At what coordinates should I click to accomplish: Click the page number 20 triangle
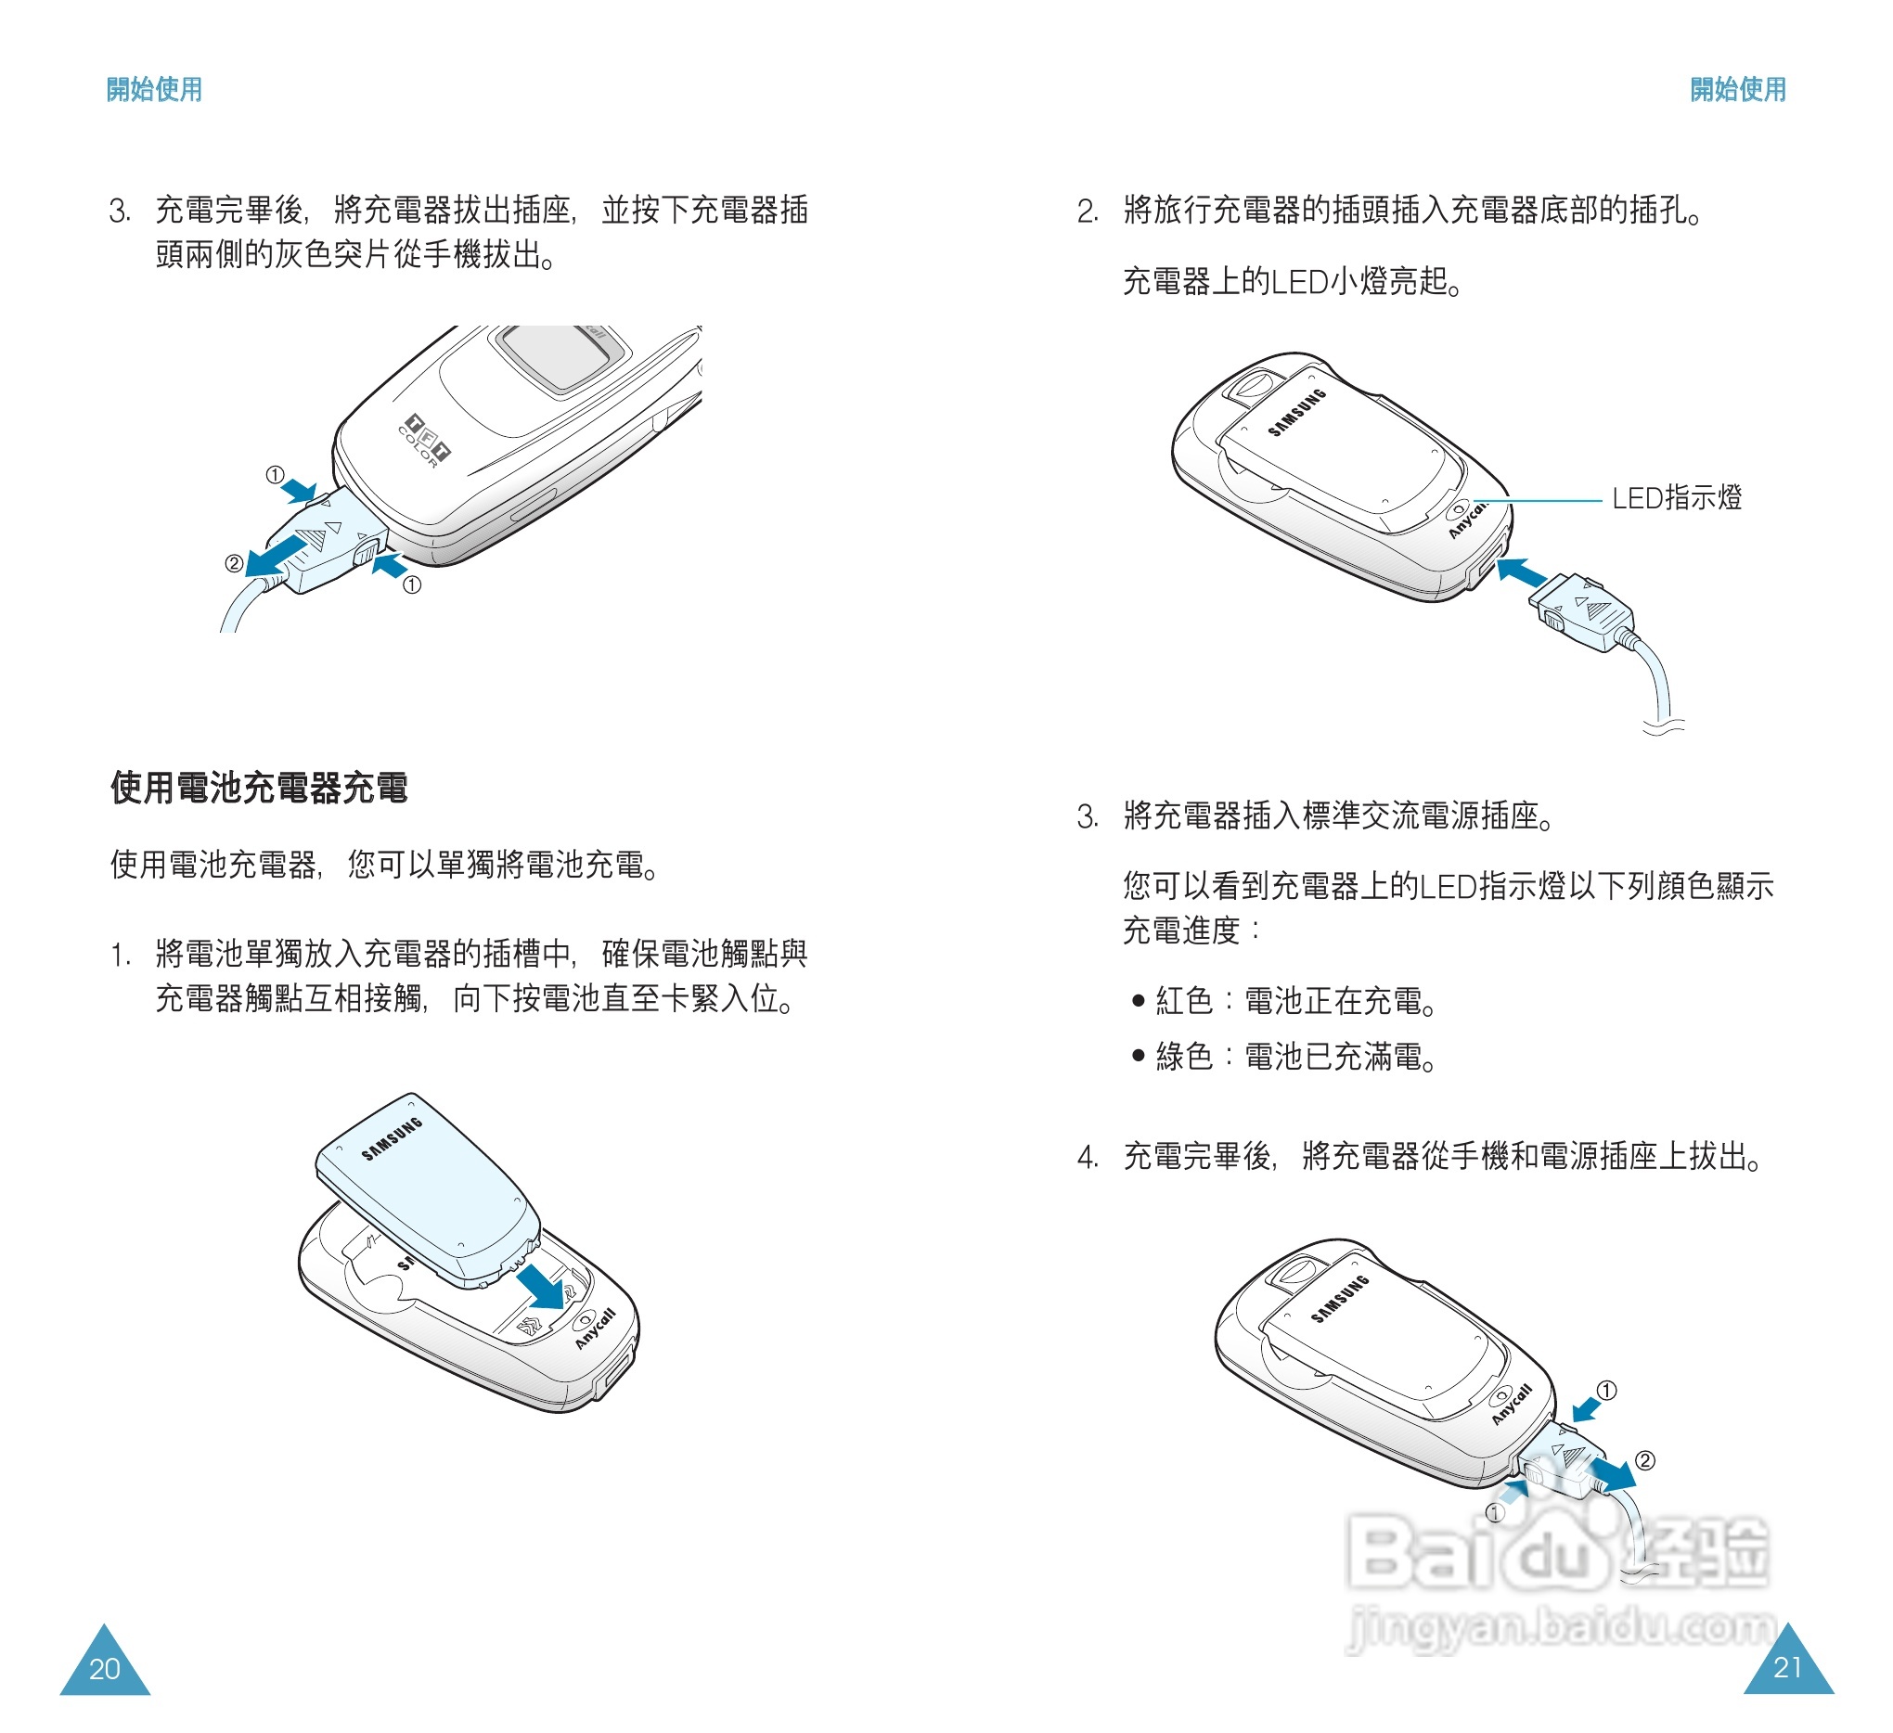click(105, 1664)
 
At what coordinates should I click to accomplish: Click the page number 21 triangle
click(1789, 1663)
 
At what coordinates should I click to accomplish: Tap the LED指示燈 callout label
click(1676, 498)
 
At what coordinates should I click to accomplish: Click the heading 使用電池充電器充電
click(259, 788)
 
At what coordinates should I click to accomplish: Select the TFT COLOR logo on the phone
click(424, 440)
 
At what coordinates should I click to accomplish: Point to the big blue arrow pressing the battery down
click(544, 1284)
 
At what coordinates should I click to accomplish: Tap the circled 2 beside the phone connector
click(234, 563)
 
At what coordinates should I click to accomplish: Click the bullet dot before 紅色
click(1138, 1001)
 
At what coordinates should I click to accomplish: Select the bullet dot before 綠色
click(1138, 1056)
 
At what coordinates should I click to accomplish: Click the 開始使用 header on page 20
click(154, 89)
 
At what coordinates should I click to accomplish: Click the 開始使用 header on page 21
click(1738, 89)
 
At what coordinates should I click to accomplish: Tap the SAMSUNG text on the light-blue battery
click(393, 1138)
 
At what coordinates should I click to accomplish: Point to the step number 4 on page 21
click(1087, 1158)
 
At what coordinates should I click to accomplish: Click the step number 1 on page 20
click(120, 956)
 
